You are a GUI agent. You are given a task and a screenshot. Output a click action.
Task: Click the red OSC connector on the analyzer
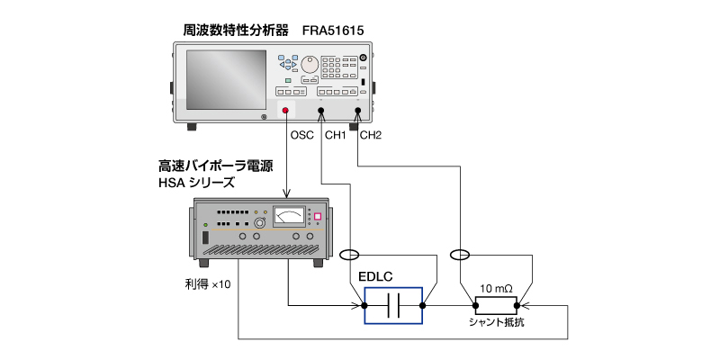(287, 112)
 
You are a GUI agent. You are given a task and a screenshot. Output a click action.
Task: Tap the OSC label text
(302, 137)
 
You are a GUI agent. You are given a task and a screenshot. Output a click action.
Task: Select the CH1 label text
(335, 137)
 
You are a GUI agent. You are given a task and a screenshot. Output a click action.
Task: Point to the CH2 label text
(371, 137)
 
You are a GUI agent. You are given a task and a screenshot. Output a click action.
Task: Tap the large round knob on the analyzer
(310, 66)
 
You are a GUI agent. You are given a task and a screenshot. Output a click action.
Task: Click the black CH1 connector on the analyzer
(322, 113)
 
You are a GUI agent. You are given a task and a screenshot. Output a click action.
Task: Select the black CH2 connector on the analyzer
(357, 113)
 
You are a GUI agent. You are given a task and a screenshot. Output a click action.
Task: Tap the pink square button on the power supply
(317, 217)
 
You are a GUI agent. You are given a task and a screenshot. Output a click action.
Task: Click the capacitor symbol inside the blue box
(393, 307)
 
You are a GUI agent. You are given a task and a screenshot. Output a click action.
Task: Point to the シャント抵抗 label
(496, 322)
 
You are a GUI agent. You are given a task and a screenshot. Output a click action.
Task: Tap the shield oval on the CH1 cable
(355, 255)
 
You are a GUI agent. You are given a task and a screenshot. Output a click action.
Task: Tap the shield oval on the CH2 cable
(461, 255)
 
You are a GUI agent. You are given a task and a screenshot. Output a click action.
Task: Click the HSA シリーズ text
(196, 182)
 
